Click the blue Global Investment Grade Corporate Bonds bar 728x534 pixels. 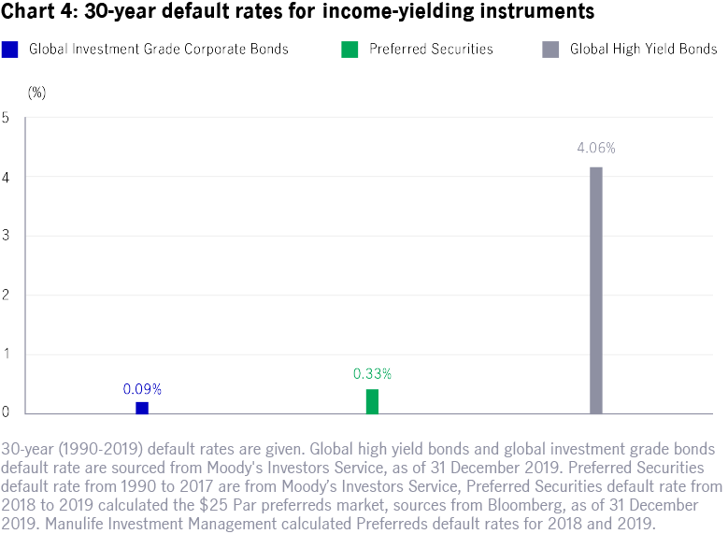pyautogui.click(x=141, y=408)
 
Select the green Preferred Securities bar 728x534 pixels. pyautogui.click(x=372, y=401)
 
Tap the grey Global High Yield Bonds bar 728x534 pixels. pyautogui.click(x=596, y=290)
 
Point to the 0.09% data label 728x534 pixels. pyautogui.click(x=142, y=388)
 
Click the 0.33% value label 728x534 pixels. pyautogui.click(x=372, y=374)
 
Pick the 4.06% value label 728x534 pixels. pyautogui.click(x=596, y=148)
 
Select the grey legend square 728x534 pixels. pyautogui.click(x=550, y=49)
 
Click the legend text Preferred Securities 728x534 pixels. pyautogui.click(x=432, y=49)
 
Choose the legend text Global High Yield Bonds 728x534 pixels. pyautogui.click(x=643, y=49)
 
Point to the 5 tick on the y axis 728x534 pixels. pyautogui.click(x=6, y=118)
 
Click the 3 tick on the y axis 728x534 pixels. pyautogui.click(x=6, y=237)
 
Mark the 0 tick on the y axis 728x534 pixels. pyautogui.click(x=6, y=413)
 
